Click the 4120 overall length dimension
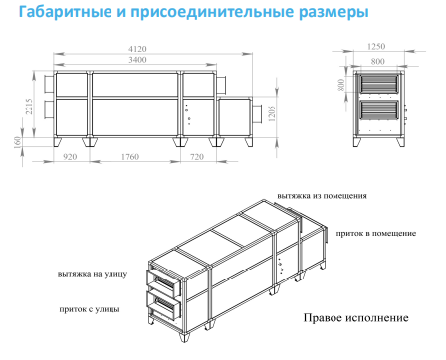[x=137, y=49]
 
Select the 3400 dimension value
[x=137, y=60]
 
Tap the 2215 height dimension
[x=29, y=106]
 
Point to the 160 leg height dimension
[x=18, y=142]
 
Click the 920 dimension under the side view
[x=70, y=157]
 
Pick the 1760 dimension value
[x=130, y=157]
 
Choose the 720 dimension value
[x=197, y=157]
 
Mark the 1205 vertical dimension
[x=272, y=114]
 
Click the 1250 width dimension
[x=376, y=46]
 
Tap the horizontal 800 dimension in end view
[x=378, y=61]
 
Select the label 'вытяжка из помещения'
[x=322, y=196]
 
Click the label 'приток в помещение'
[x=376, y=233]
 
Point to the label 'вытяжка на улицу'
[x=93, y=274]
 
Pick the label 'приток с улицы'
[x=90, y=309]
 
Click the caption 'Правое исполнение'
[x=355, y=318]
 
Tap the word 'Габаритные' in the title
[x=65, y=12]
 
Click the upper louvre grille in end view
[x=378, y=85]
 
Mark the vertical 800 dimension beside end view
[x=341, y=85]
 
